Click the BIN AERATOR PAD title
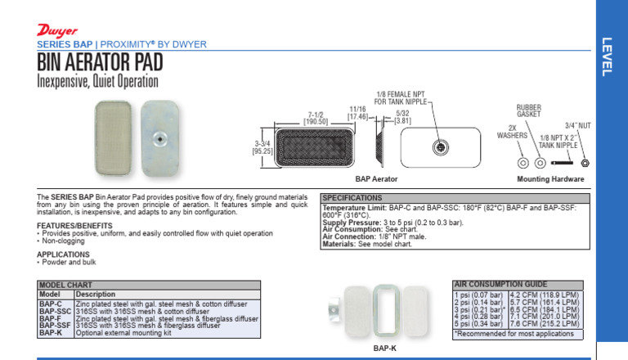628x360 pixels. click(x=99, y=63)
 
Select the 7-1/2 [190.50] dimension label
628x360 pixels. click(x=316, y=117)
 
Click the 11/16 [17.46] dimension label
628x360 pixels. click(x=357, y=113)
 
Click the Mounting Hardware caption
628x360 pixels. click(x=549, y=178)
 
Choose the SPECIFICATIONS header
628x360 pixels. click(x=352, y=198)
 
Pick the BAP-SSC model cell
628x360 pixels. click(x=54, y=311)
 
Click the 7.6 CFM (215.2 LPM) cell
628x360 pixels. click(x=544, y=323)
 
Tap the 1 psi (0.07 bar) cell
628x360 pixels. click(x=479, y=293)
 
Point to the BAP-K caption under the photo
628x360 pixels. click(x=384, y=348)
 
